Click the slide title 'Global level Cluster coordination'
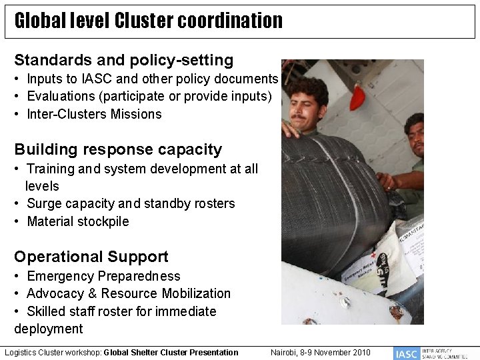click(148, 21)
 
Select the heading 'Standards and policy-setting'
click(124, 61)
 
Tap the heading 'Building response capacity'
click(118, 149)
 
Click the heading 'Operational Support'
click(91, 257)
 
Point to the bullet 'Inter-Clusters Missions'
click(94, 114)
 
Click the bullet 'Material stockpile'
click(77, 221)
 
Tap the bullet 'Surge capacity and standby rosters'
click(131, 203)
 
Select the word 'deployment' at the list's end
click(49, 329)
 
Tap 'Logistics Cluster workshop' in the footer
click(52, 352)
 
